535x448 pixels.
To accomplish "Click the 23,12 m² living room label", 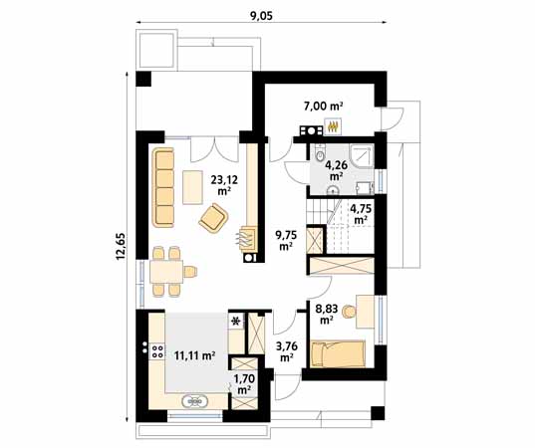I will tap(223, 183).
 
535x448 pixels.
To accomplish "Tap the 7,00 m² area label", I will tap(323, 105).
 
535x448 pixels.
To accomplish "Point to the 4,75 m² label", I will tap(360, 213).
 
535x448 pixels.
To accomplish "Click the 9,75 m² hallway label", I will tap(285, 240).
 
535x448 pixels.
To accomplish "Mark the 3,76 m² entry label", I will tap(286, 351).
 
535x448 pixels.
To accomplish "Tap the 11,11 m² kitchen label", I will tap(195, 353).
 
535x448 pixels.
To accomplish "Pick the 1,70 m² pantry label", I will tap(243, 384).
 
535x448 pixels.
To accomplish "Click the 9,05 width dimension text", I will tap(261, 14).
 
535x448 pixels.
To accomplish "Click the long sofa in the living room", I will tap(163, 186).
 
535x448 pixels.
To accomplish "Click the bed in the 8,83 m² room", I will tap(338, 352).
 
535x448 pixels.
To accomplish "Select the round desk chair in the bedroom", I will tap(349, 313).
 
